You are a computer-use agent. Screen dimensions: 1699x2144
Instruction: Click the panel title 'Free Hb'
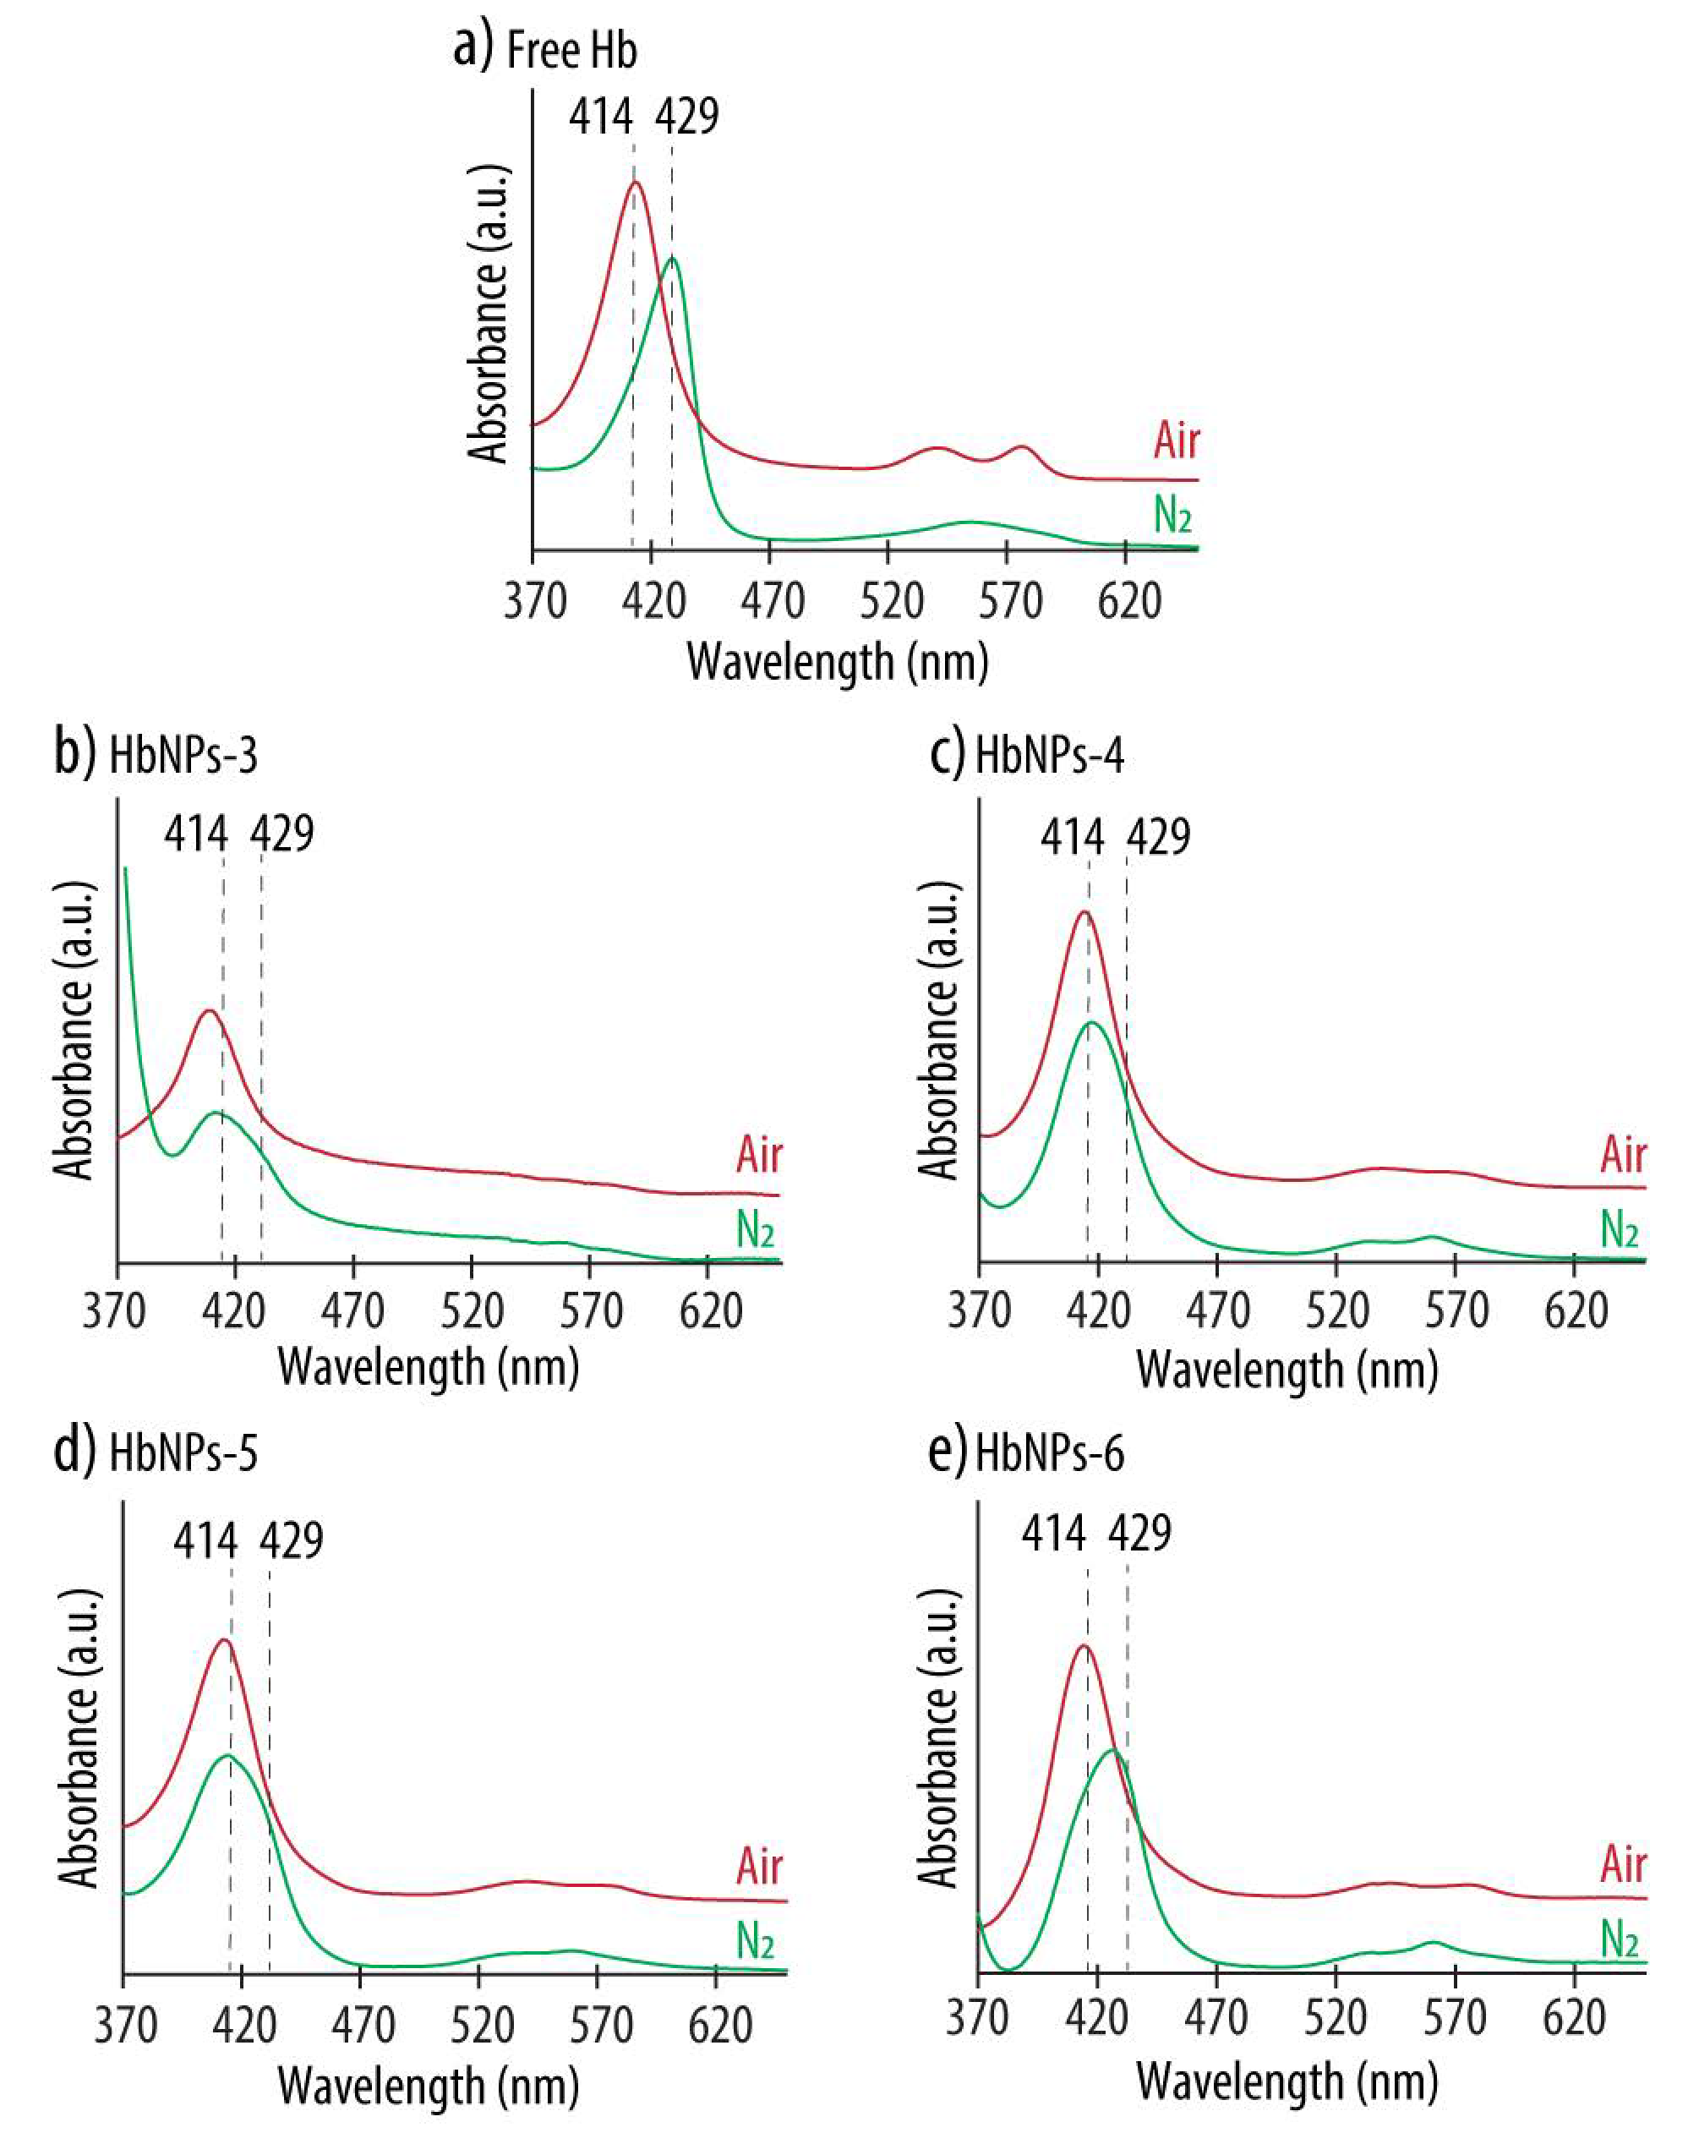571,50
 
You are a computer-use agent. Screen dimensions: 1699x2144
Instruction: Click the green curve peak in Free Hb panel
673,259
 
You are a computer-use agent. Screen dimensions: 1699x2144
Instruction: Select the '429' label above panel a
686,117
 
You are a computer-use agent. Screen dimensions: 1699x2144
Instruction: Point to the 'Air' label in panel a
1176,440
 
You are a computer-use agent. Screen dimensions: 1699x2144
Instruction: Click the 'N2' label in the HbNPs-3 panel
755,1231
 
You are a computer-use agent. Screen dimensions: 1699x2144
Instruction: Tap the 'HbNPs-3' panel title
183,755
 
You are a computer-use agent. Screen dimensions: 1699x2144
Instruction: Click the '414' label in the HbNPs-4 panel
1072,836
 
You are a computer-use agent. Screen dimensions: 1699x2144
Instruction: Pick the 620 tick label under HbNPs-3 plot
710,1311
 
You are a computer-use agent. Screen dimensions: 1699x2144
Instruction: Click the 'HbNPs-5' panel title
183,1453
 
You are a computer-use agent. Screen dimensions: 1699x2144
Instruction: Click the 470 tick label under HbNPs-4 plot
1217,1311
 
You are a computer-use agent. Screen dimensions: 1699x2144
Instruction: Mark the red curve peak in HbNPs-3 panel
209,1010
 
